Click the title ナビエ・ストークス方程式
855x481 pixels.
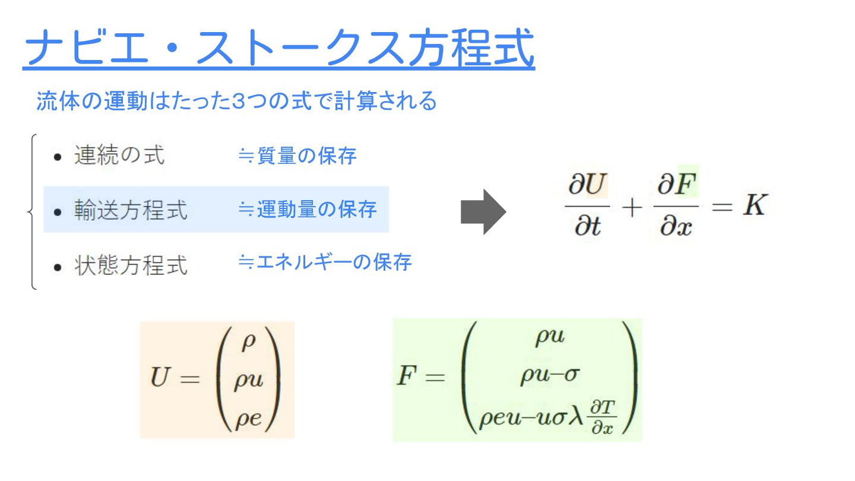tap(278, 49)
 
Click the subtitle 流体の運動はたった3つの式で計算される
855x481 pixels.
tap(236, 101)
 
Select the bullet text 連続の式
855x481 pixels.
tap(119, 156)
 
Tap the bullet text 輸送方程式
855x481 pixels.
tap(131, 210)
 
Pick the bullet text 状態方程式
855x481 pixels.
tap(131, 265)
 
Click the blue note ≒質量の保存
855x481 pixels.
tap(297, 156)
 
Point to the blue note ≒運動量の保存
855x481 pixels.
tap(307, 209)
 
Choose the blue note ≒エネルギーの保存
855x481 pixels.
tap(324, 261)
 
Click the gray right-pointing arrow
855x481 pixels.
tap(483, 212)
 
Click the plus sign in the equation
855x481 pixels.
tap(631, 208)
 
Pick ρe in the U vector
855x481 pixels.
tap(248, 419)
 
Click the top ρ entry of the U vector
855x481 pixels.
tap(248, 344)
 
